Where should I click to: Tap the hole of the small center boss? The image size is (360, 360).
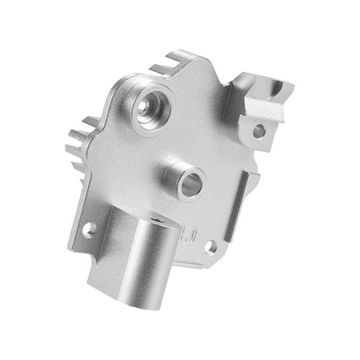tap(186, 182)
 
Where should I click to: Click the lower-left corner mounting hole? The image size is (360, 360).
tap(90, 230)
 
